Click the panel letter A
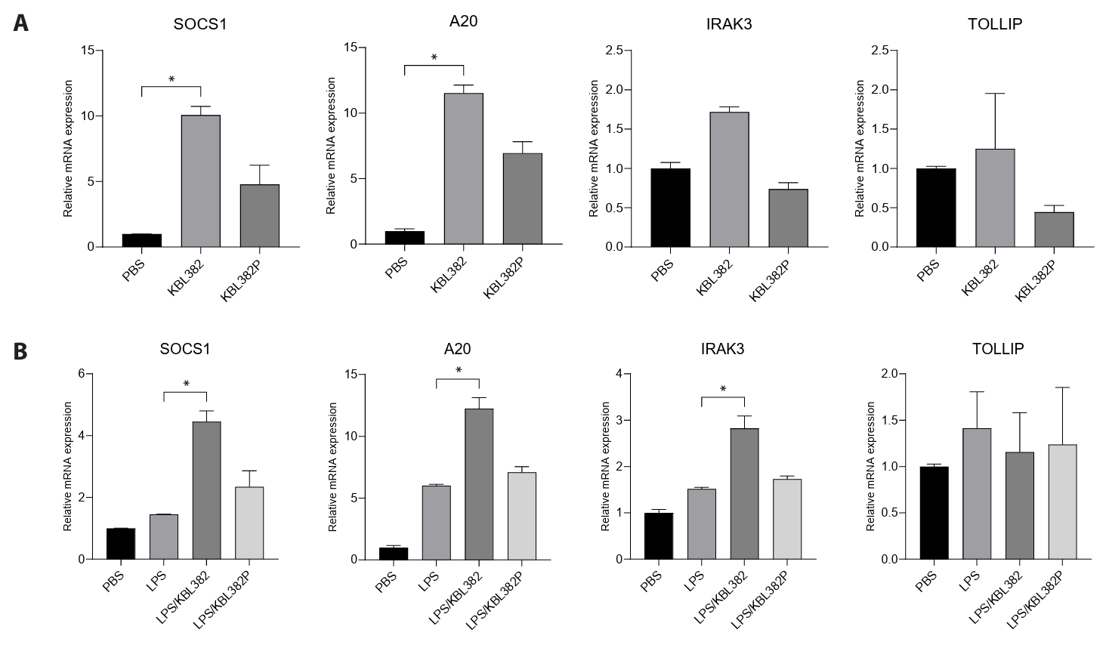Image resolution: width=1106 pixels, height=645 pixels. (x=21, y=23)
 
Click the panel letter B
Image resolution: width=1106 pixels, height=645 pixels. (x=21, y=351)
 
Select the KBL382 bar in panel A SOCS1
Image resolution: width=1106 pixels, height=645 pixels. (x=200, y=181)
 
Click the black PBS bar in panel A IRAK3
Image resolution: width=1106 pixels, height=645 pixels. (x=671, y=208)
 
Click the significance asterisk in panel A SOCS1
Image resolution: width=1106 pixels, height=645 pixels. (x=171, y=79)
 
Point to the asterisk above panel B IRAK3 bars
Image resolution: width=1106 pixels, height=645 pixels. (x=723, y=390)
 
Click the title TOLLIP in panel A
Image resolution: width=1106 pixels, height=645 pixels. (x=994, y=24)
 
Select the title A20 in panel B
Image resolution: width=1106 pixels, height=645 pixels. (x=458, y=349)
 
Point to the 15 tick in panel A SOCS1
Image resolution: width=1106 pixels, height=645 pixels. (x=88, y=51)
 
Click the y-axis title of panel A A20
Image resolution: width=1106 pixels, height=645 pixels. (x=331, y=146)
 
